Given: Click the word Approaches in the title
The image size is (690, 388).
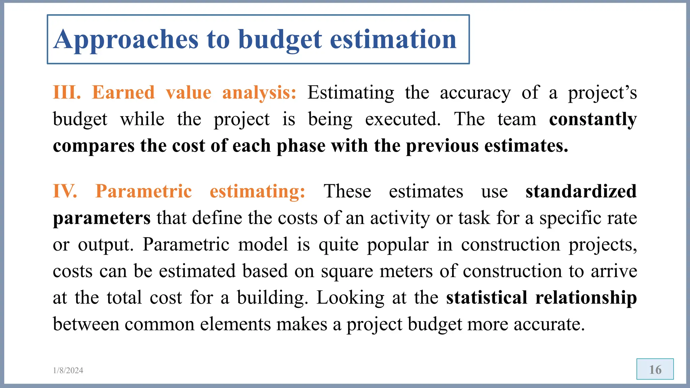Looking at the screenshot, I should (126, 40).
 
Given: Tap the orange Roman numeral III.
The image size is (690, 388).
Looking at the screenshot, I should (67, 92).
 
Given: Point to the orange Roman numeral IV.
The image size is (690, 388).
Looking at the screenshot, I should (65, 191).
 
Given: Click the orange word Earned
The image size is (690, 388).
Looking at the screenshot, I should (123, 92).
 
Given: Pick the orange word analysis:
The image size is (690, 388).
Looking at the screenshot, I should (259, 93).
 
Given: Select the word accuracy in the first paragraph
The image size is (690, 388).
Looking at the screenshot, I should (475, 93).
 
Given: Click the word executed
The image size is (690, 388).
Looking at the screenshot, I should (403, 119).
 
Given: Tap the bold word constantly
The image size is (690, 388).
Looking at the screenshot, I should (593, 120).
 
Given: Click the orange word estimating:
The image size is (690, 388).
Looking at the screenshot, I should (257, 192).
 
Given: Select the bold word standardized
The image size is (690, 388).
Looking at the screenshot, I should (581, 191).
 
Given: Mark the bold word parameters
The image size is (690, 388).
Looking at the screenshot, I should (102, 218).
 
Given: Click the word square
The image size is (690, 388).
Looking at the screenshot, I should (347, 271).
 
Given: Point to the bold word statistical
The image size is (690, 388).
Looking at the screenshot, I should (487, 298).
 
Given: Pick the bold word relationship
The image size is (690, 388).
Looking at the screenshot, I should (586, 298).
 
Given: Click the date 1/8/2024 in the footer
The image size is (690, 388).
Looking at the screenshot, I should (68, 370).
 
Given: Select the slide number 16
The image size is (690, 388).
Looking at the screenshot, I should (655, 369).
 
